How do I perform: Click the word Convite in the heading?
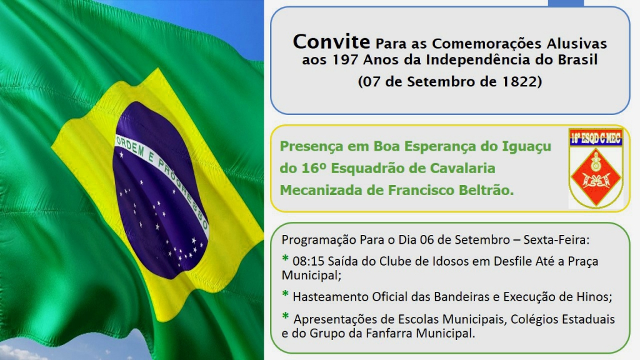[x=331, y=42]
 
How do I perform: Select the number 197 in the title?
[x=345, y=60]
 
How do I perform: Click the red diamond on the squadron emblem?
[x=596, y=176]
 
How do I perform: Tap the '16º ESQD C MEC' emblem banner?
[x=596, y=138]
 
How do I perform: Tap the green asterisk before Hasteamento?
[x=285, y=294]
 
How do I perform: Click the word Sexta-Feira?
[x=556, y=239]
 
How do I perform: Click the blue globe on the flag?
[x=161, y=190]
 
